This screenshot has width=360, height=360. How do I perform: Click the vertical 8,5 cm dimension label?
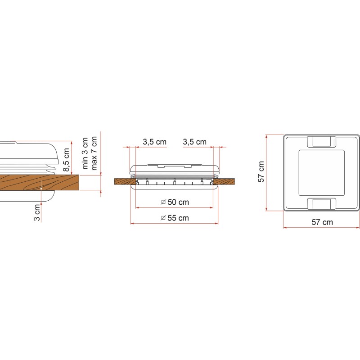pyautogui.click(x=66, y=160)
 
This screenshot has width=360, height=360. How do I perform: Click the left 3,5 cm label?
pyautogui.click(x=154, y=142)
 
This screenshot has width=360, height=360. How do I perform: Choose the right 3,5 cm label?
pyautogui.click(x=195, y=142)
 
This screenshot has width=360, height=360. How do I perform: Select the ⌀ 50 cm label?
pyautogui.click(x=175, y=202)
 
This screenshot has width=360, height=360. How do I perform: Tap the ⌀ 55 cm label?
pyautogui.click(x=175, y=218)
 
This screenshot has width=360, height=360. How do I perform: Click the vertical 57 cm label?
pyautogui.click(x=261, y=172)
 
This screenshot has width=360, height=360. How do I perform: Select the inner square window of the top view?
pyautogui.click(x=321, y=172)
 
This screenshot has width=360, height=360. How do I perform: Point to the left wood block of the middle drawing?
pyautogui.click(x=124, y=182)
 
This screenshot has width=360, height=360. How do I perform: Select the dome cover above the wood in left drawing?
pyautogui.click(x=27, y=153)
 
